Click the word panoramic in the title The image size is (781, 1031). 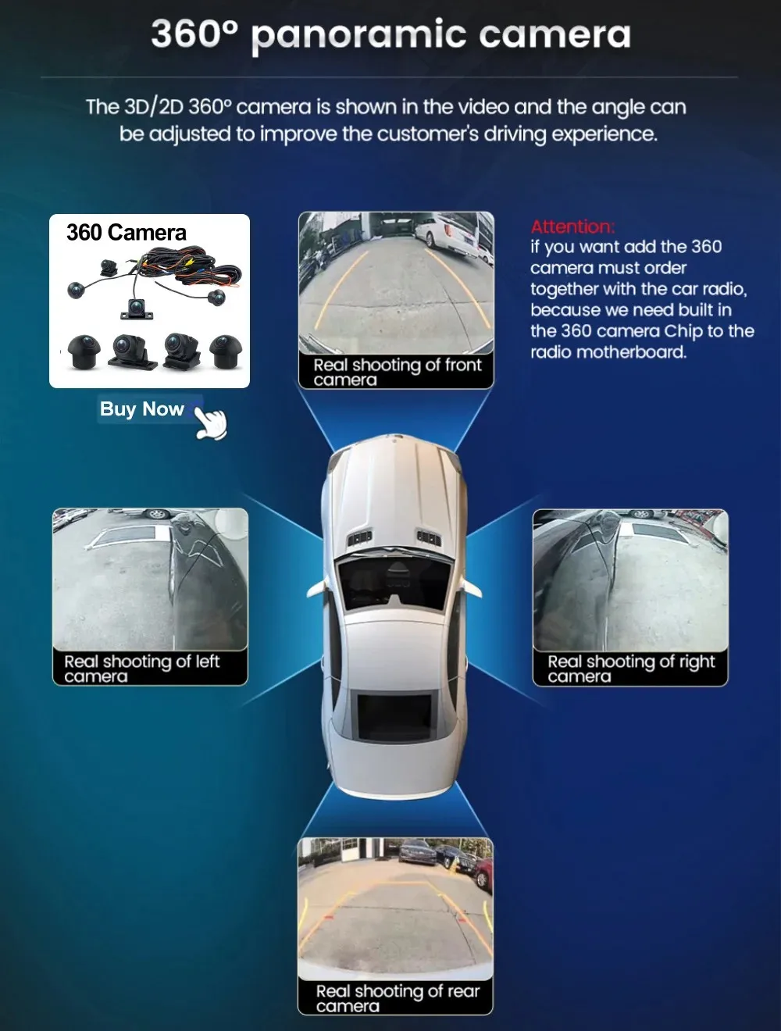pyautogui.click(x=358, y=36)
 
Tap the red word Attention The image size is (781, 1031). pyautogui.click(x=572, y=227)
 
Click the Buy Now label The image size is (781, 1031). pyautogui.click(x=142, y=409)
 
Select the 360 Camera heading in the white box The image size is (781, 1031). pyautogui.click(x=127, y=233)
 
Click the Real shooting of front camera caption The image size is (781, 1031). pyautogui.click(x=398, y=372)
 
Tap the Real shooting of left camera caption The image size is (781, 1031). pyautogui.click(x=142, y=669)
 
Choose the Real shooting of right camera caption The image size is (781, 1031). pyautogui.click(x=631, y=669)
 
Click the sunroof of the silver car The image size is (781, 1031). pyautogui.click(x=394, y=717)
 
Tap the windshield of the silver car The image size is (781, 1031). pyautogui.click(x=394, y=583)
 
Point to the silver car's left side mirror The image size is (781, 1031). pyautogui.click(x=316, y=589)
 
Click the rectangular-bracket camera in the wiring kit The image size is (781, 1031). pyautogui.click(x=137, y=309)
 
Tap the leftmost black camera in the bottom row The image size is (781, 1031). pyautogui.click(x=84, y=351)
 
